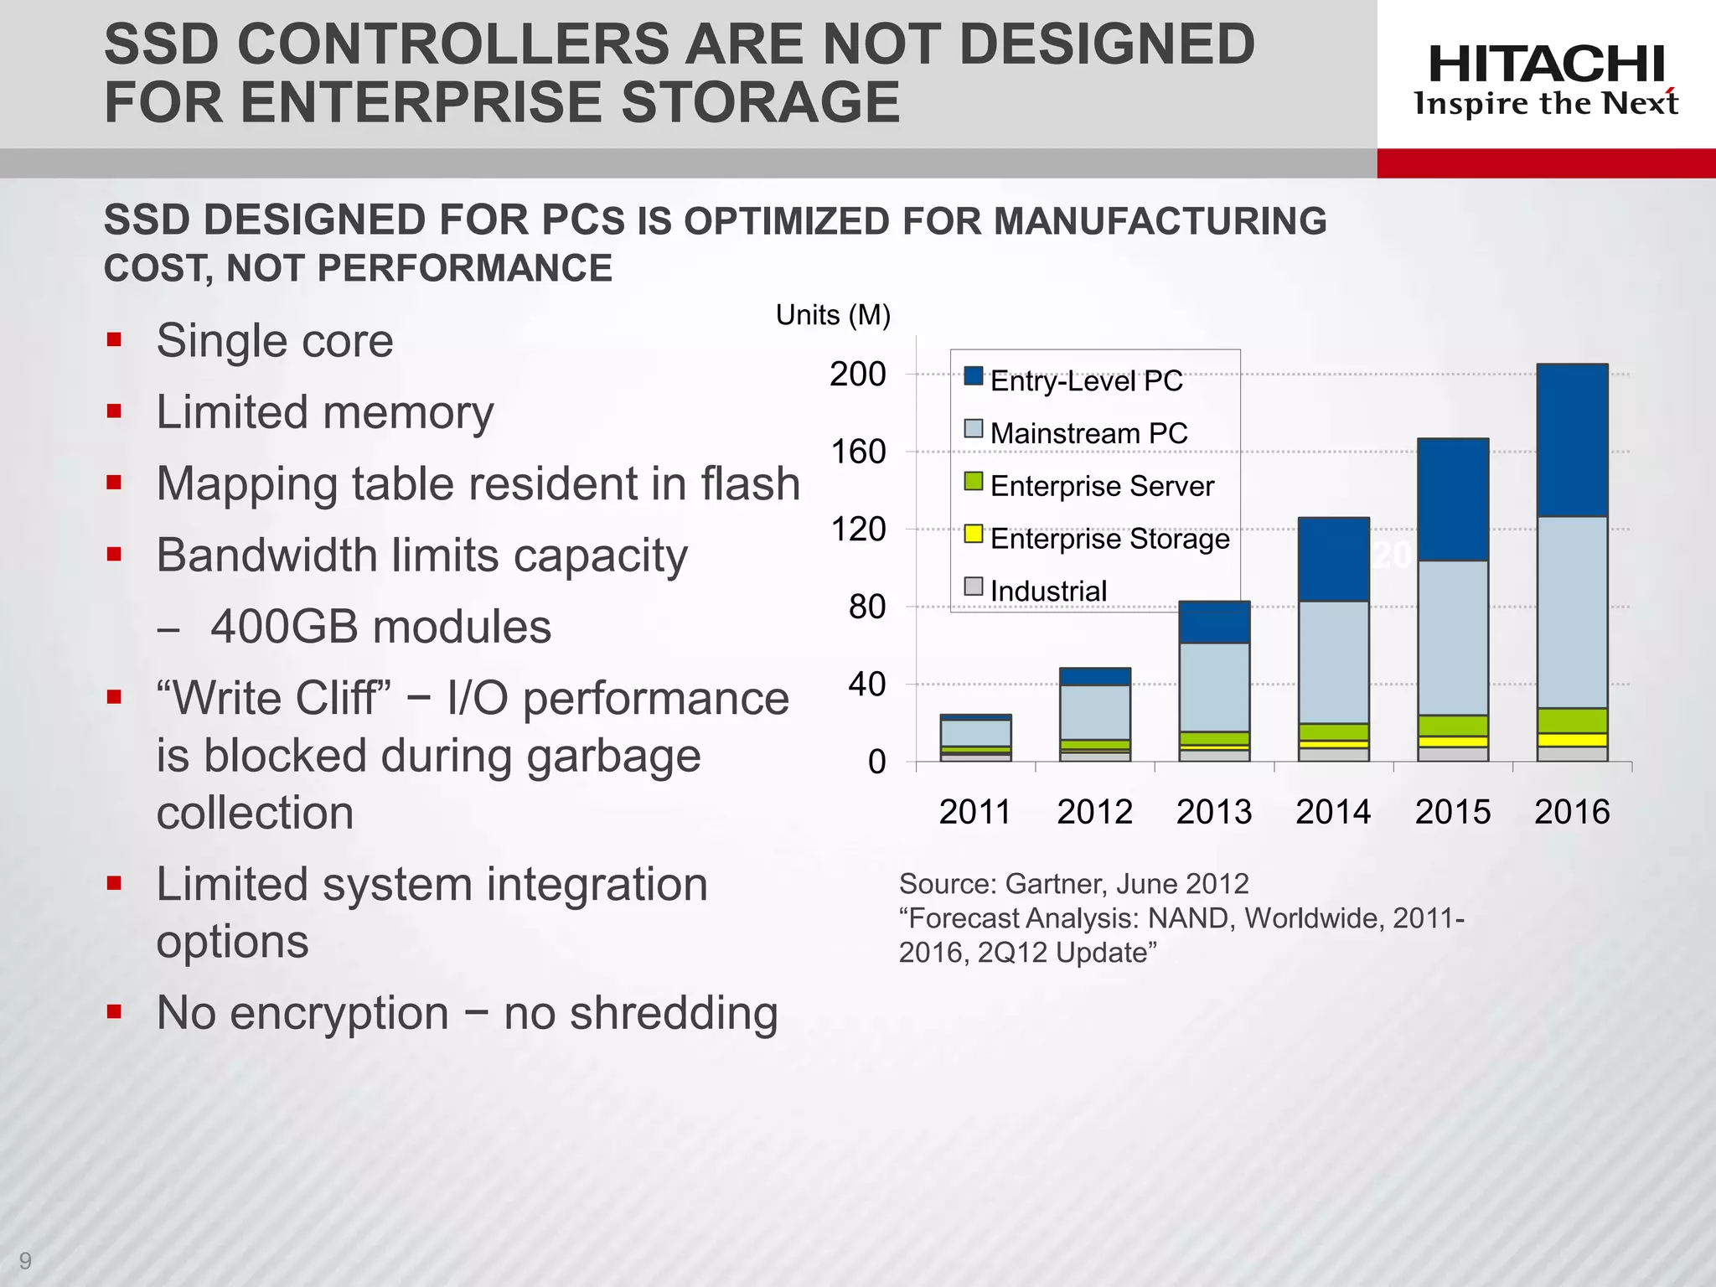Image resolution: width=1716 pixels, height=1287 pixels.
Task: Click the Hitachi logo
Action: click(x=1546, y=80)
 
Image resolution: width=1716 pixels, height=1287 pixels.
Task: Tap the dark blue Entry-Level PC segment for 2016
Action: click(x=1572, y=440)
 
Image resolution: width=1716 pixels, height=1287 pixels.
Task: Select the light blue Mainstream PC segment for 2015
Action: click(x=1453, y=637)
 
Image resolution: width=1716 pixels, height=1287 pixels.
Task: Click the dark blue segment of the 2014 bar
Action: click(x=1333, y=559)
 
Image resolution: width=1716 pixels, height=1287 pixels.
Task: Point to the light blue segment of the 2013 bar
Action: click(x=1214, y=687)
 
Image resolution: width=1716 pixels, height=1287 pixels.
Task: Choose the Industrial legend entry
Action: click(x=1047, y=591)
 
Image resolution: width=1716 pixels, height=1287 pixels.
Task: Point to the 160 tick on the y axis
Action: click(x=858, y=452)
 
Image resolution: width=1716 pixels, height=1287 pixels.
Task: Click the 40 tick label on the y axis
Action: click(x=866, y=685)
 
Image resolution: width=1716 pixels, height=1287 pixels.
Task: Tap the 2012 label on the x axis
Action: click(x=1094, y=812)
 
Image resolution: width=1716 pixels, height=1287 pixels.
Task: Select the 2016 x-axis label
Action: click(x=1572, y=812)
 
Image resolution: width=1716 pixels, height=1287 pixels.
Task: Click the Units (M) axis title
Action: click(x=833, y=315)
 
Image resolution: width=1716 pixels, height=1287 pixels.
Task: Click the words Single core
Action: click(x=275, y=341)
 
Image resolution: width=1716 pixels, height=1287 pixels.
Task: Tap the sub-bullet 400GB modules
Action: click(x=380, y=627)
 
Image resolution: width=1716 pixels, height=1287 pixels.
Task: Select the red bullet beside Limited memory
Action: click(x=115, y=411)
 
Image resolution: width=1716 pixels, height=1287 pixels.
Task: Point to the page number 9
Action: click(x=25, y=1260)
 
